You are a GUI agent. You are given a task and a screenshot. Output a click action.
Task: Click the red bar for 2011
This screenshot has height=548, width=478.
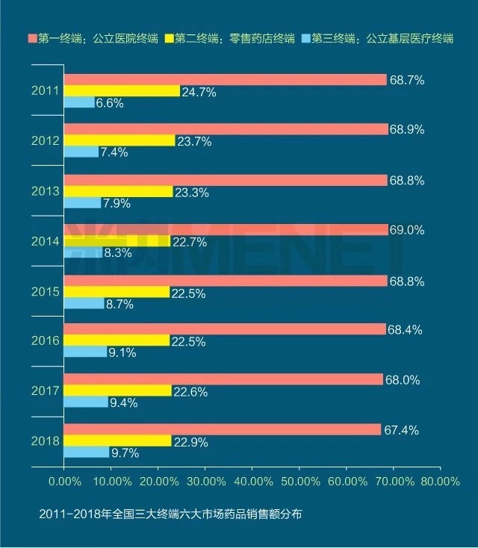(225, 80)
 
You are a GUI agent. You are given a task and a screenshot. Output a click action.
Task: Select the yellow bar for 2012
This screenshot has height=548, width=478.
(119, 140)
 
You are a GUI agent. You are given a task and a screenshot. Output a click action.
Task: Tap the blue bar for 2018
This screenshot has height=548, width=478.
(86, 452)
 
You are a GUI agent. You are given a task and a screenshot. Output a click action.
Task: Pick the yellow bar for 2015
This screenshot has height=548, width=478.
(117, 291)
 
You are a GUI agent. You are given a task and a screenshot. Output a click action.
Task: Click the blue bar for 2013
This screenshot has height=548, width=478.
(82, 202)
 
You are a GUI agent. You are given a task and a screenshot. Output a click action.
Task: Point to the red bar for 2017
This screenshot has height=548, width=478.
(223, 379)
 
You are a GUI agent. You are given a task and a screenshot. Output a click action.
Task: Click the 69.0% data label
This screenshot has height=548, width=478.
(406, 229)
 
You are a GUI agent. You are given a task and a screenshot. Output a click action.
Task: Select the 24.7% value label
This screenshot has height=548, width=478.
(199, 92)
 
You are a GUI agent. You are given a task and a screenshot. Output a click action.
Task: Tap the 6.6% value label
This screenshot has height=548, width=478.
(111, 104)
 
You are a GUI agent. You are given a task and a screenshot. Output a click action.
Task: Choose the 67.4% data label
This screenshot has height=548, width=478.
(403, 429)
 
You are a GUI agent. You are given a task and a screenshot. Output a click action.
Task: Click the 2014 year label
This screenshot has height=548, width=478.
(44, 241)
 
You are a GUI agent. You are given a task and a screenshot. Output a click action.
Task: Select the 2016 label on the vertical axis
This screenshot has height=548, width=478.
(44, 341)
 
